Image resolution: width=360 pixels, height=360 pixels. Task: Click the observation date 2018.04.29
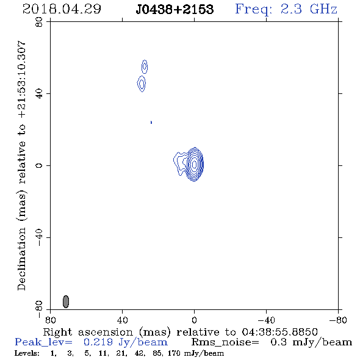pos(62,9)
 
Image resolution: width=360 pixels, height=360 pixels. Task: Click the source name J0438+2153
pos(175,9)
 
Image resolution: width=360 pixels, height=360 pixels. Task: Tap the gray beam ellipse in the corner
pos(66,301)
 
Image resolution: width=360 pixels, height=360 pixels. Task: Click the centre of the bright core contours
pos(195,164)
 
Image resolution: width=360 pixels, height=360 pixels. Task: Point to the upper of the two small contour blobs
pos(145,67)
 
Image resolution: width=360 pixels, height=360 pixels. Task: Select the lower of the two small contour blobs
pos(142,84)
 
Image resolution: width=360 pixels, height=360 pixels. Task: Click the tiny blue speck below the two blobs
pos(151,122)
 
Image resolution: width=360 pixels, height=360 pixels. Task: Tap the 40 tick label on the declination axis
pos(39,94)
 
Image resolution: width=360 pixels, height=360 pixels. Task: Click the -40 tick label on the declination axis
pos(39,237)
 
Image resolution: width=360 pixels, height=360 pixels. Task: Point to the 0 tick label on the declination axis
pos(39,165)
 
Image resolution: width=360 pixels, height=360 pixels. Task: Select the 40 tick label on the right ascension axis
pos(123,320)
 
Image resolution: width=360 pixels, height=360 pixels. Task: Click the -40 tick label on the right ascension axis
pos(266,320)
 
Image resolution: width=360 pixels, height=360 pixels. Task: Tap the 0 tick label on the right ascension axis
pos(194,320)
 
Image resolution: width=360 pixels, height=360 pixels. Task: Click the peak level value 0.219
pos(98,342)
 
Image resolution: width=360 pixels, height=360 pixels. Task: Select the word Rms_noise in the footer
pos(225,342)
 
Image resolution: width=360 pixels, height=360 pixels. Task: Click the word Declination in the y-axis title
pos(21,259)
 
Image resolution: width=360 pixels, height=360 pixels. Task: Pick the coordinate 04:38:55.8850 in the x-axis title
pos(279,332)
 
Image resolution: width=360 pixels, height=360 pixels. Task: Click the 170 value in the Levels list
pos(174,353)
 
